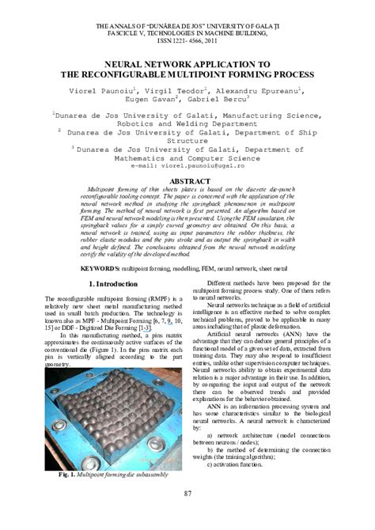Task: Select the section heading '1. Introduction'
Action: point(113,283)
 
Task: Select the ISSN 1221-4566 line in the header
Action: point(187,43)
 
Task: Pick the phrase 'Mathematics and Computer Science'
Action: point(187,157)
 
